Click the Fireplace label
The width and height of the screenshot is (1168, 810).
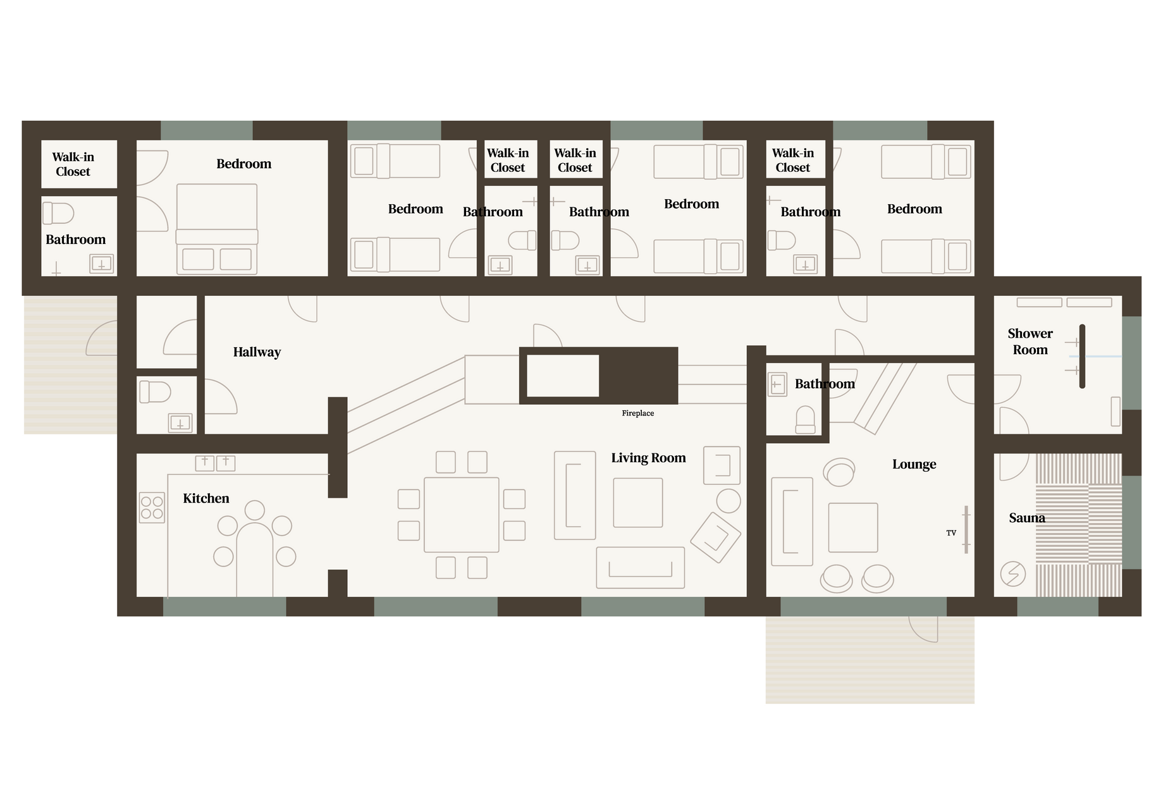(x=637, y=414)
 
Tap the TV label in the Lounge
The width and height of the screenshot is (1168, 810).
(x=951, y=533)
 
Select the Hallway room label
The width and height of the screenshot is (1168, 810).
(x=257, y=352)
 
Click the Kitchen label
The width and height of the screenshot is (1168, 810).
(x=206, y=498)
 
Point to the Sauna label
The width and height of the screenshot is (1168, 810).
(x=1027, y=518)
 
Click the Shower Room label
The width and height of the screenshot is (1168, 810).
(x=1030, y=341)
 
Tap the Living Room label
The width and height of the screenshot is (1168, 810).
(x=648, y=458)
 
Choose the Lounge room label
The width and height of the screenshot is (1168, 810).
(x=914, y=464)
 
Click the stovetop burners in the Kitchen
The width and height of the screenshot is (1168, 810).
(x=152, y=508)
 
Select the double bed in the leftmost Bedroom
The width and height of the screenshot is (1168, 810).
(x=217, y=229)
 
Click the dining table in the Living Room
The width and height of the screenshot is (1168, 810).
(x=462, y=515)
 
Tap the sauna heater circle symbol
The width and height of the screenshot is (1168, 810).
(x=1013, y=574)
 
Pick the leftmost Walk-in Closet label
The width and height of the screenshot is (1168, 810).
(x=73, y=164)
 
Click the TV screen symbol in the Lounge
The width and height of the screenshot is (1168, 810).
(x=966, y=530)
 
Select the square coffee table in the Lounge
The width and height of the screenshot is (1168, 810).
(x=853, y=527)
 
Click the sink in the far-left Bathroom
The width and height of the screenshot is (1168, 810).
(x=101, y=264)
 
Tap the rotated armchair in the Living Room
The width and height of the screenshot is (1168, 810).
(x=715, y=537)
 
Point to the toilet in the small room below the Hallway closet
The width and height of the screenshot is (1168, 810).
(x=155, y=392)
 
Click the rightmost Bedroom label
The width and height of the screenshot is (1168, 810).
(x=914, y=209)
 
